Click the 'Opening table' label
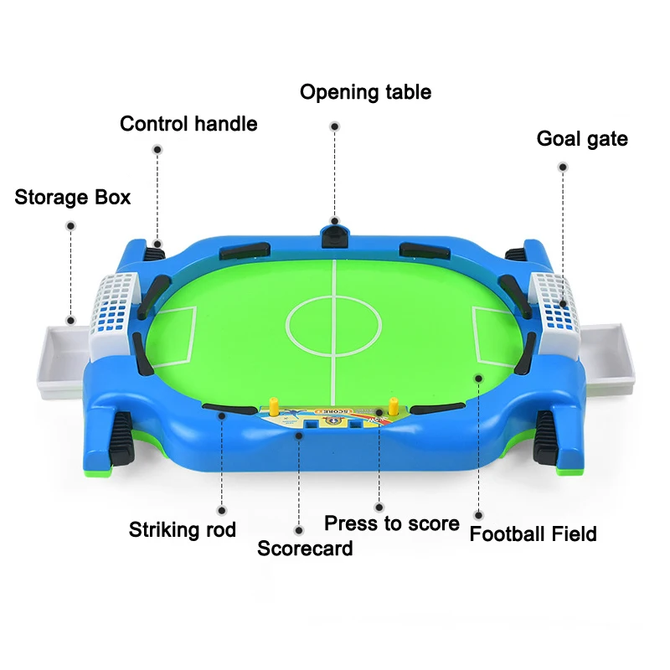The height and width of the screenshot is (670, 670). click(x=365, y=91)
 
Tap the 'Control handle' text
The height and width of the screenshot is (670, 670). click(x=188, y=124)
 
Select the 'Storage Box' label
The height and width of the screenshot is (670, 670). click(x=73, y=198)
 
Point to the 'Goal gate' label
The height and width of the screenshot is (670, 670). click(x=582, y=138)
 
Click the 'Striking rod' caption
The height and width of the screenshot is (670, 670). click(x=183, y=529)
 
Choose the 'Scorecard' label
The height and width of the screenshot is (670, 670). click(x=305, y=549)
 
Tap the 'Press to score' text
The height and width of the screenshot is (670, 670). click(x=392, y=523)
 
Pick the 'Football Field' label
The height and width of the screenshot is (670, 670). click(x=533, y=533)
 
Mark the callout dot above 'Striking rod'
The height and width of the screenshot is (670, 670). click(x=222, y=509)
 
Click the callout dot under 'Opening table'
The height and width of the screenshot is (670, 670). click(x=334, y=126)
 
